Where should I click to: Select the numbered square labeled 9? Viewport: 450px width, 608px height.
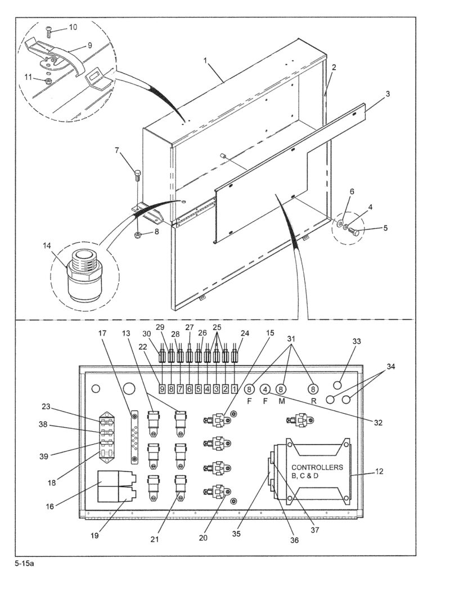[x=162, y=388]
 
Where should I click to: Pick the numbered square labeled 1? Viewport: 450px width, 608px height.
[x=234, y=388]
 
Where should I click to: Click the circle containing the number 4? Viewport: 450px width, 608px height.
[x=265, y=388]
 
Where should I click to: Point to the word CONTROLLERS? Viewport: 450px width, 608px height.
[x=317, y=468]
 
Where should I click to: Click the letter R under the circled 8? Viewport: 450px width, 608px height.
[x=313, y=401]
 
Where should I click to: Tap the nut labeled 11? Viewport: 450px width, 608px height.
[x=48, y=81]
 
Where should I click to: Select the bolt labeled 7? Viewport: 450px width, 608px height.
[x=138, y=173]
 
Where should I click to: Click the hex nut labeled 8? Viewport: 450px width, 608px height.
[x=138, y=234]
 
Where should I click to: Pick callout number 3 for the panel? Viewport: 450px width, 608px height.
[x=388, y=93]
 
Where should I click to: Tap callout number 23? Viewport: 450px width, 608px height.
[x=46, y=406]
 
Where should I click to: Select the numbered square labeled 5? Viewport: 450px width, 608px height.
[x=198, y=388]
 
